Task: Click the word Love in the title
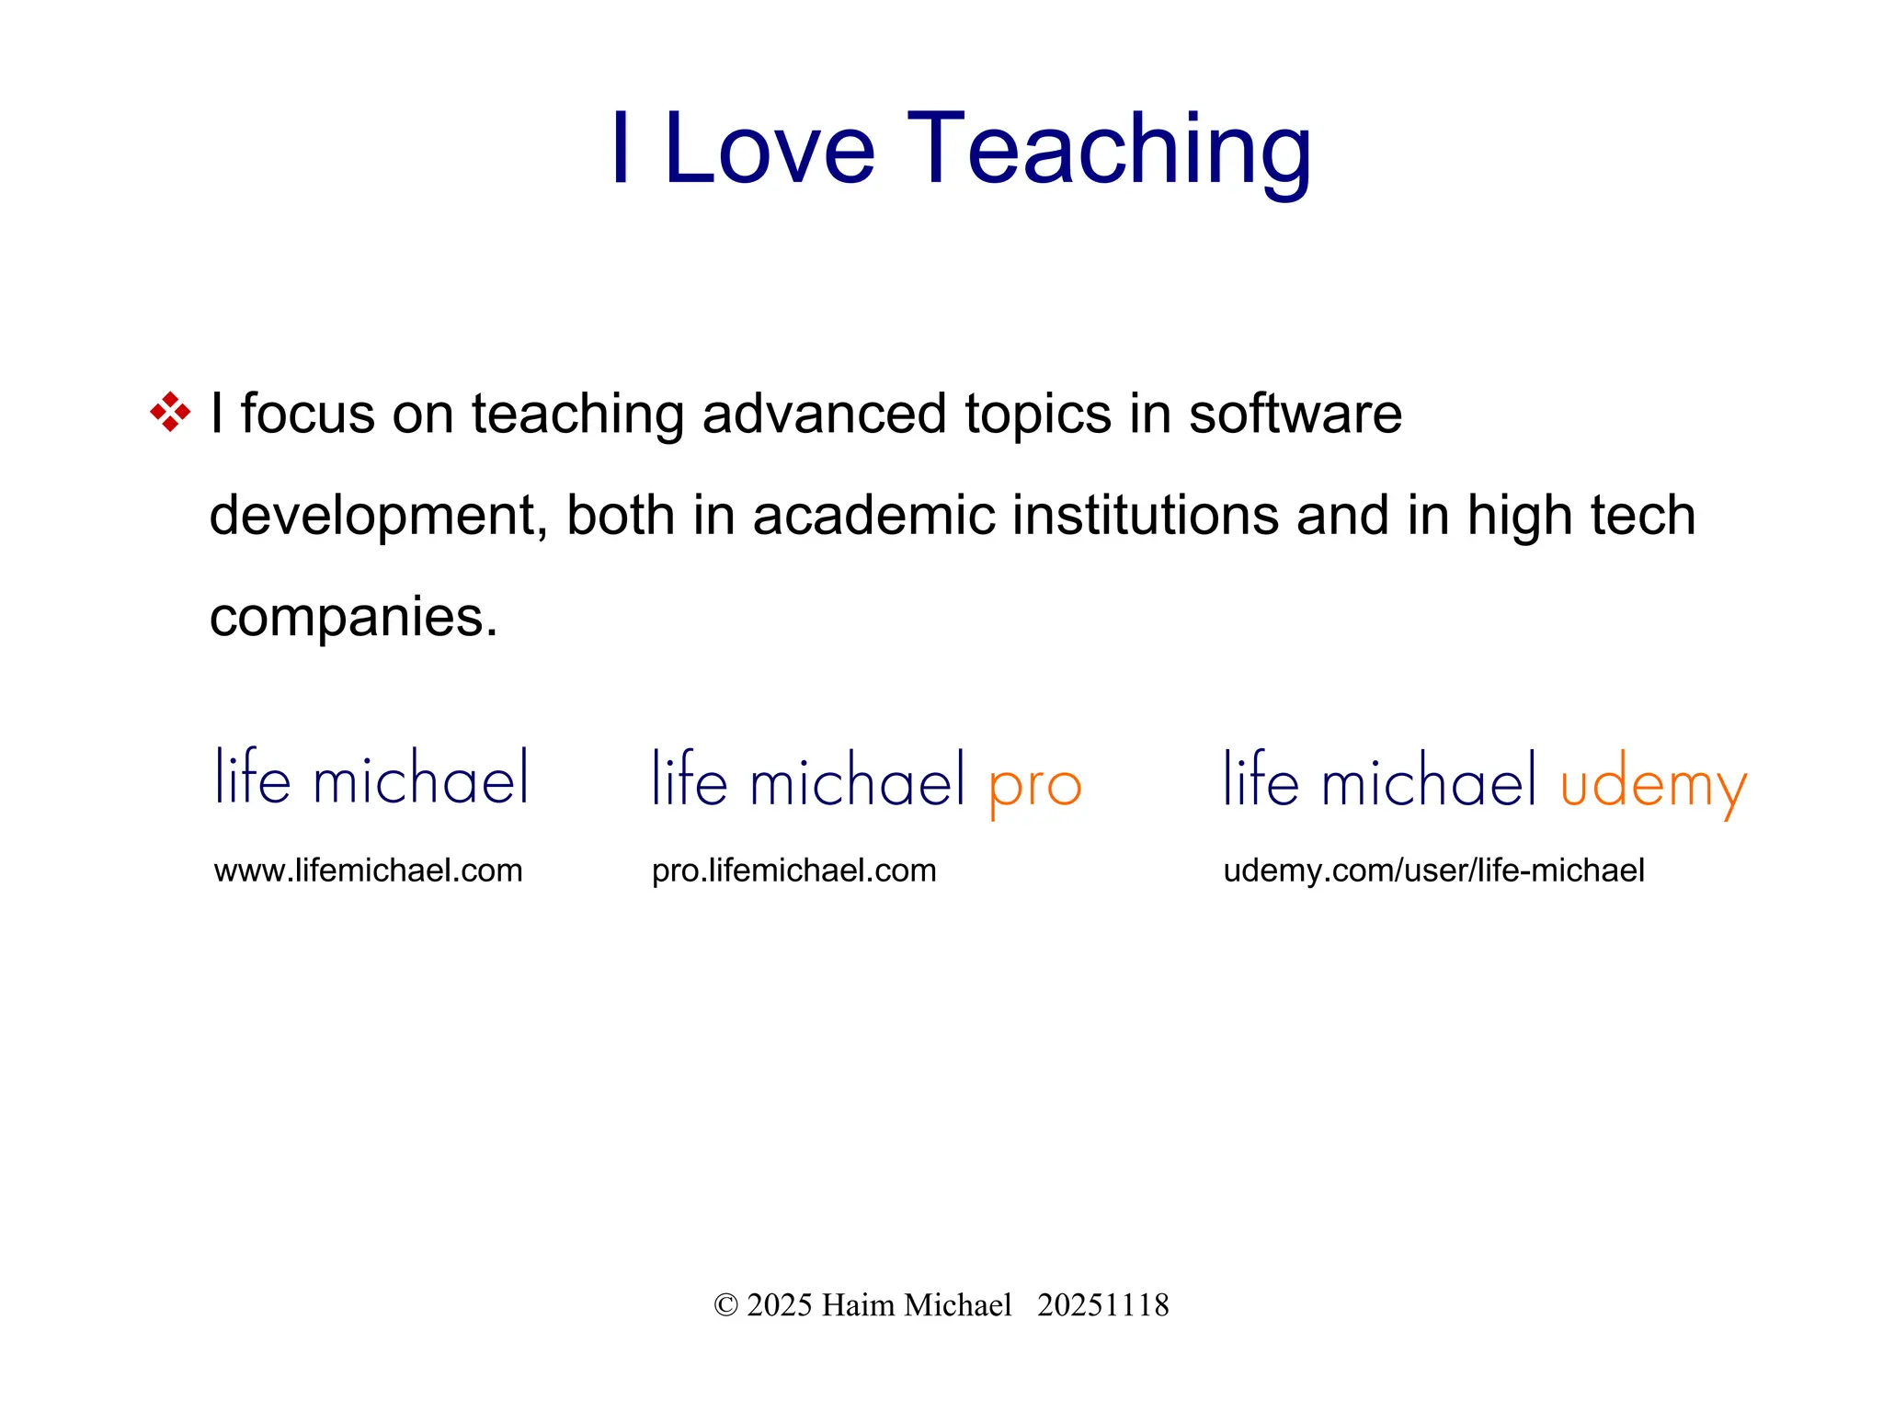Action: pyautogui.click(x=769, y=149)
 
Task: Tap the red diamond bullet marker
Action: pyautogui.click(x=170, y=412)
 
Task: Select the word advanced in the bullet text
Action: pyautogui.click(x=824, y=414)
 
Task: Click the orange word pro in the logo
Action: pyautogui.click(x=1035, y=786)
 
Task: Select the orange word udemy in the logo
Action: pyautogui.click(x=1653, y=786)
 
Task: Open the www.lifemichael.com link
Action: pyautogui.click(x=368, y=870)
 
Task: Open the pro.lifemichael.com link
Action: pyautogui.click(x=793, y=870)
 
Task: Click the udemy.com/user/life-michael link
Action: pyautogui.click(x=1433, y=870)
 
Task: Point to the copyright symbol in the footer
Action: pyautogui.click(x=725, y=1305)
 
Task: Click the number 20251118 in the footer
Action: pyautogui.click(x=1102, y=1305)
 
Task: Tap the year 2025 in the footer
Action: pyautogui.click(x=779, y=1305)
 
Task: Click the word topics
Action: pyautogui.click(x=1037, y=414)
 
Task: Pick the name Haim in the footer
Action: pyautogui.click(x=858, y=1305)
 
